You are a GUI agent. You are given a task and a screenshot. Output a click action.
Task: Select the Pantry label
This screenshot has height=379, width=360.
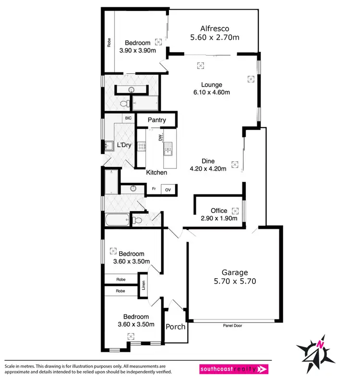(x=156, y=120)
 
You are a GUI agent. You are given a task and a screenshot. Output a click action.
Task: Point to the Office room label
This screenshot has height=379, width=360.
(x=219, y=211)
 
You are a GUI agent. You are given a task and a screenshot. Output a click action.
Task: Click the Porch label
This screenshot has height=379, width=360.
(x=175, y=327)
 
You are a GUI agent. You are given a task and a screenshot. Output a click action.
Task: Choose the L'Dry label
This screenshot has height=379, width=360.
(x=118, y=144)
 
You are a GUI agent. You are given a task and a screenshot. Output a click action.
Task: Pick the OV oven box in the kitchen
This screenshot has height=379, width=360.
(x=168, y=189)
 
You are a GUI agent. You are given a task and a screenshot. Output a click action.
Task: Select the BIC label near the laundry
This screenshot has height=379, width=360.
(x=128, y=118)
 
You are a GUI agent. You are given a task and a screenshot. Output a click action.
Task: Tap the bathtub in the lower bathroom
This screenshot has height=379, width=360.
(x=117, y=221)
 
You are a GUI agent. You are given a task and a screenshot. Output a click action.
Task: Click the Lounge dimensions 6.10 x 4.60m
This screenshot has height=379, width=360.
(x=212, y=93)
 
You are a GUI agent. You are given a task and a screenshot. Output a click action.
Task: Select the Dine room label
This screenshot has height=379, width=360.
(x=208, y=161)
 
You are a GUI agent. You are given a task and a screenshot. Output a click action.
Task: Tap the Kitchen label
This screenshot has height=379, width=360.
(x=156, y=172)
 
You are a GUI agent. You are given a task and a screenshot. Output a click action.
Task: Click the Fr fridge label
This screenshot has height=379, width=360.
(x=154, y=189)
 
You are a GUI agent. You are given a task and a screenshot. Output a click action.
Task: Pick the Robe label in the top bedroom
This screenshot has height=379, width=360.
(x=109, y=42)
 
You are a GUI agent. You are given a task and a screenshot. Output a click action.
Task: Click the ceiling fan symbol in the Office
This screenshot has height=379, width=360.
(x=235, y=211)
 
